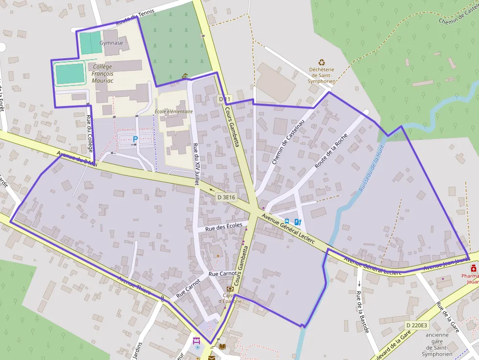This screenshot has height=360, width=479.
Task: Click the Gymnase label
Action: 111,43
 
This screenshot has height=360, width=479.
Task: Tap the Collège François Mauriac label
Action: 102,73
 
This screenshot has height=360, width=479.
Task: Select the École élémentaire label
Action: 174,111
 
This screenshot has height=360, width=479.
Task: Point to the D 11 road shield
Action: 224,100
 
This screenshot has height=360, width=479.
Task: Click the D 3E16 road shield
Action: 226,197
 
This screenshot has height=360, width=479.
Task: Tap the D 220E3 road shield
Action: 416,325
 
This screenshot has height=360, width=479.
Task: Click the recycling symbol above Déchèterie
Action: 322,62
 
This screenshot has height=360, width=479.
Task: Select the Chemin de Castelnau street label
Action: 288,141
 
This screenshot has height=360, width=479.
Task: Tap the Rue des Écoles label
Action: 224,227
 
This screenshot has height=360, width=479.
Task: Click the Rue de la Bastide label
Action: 362,312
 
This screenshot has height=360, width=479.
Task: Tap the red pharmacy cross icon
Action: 473,269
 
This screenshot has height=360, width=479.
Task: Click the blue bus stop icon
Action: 287,221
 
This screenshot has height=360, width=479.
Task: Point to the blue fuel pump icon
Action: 298,222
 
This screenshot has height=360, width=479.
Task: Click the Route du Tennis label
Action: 135,18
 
